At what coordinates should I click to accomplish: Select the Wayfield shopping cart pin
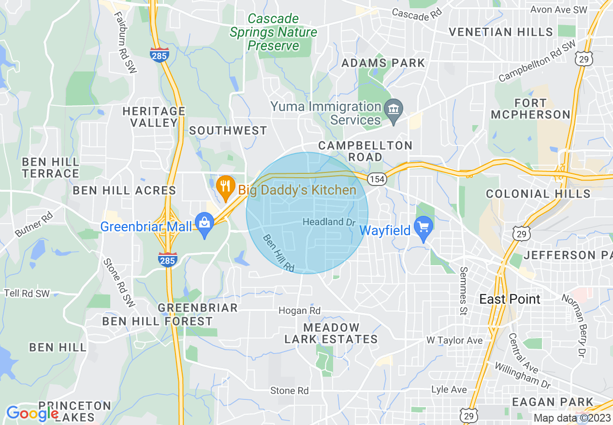click(423, 229)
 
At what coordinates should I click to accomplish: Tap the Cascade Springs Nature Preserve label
click(273, 32)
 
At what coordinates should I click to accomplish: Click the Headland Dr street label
click(329, 222)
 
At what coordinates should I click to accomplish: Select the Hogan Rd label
click(300, 311)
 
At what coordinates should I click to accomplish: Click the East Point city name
click(510, 299)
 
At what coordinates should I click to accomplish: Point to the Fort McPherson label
click(530, 109)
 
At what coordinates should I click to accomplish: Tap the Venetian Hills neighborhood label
click(501, 32)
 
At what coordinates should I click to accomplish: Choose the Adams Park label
click(383, 63)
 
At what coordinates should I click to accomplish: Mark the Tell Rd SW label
click(27, 293)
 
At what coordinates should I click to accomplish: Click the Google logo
click(32, 413)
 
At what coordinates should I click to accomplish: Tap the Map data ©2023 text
click(572, 418)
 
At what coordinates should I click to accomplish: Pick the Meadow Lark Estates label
click(331, 333)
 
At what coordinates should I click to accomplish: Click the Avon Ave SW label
click(558, 9)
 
